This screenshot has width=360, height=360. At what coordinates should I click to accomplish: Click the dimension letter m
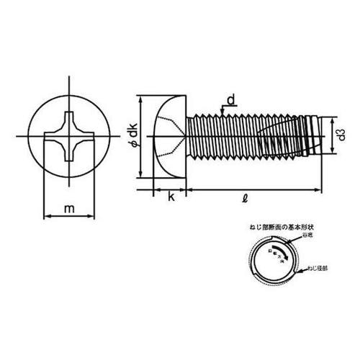click(x=69, y=210)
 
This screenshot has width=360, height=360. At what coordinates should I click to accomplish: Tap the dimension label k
click(x=171, y=197)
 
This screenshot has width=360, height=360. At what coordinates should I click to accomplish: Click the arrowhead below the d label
click(x=225, y=112)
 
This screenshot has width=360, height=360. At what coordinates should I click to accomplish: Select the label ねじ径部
click(x=317, y=271)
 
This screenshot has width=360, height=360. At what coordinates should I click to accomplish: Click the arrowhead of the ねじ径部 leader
click(x=297, y=271)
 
